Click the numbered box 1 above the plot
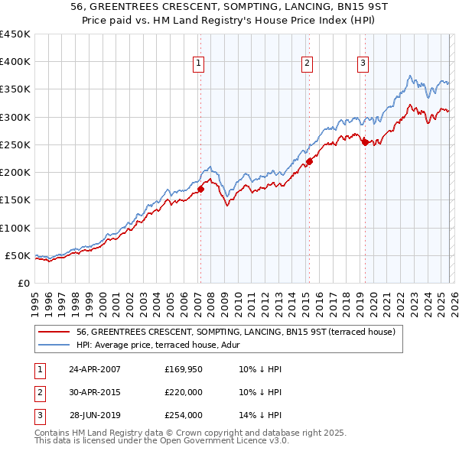pos(198,63)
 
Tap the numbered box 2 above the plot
pos(307,63)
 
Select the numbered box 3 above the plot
pos(363,63)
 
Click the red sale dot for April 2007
pos(200,189)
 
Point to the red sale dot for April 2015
pos(309,161)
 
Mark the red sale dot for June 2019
pos(365,142)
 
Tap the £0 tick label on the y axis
pos(24,283)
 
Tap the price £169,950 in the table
pos(184,369)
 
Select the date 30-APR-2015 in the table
pos(95,392)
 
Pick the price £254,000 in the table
pos(184,415)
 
